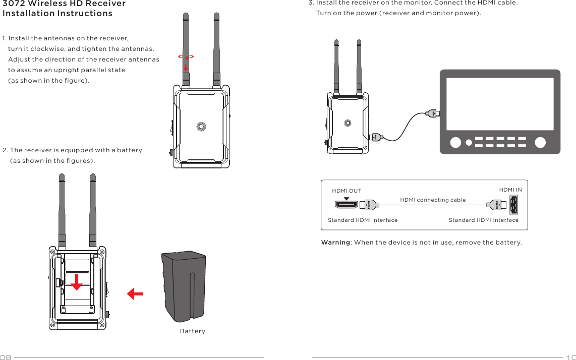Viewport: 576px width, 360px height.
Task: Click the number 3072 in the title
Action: coord(15,4)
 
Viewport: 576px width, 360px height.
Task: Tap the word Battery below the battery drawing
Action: coord(193,331)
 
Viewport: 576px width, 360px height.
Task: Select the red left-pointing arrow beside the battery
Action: coord(135,293)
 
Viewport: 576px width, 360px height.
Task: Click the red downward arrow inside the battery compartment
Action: coord(76,283)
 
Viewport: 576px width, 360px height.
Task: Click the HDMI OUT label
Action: coord(347,191)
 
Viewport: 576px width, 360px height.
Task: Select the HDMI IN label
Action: coord(510,190)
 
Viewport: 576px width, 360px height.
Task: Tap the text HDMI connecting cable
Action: coord(433,200)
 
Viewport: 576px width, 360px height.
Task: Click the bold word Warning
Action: coord(335,243)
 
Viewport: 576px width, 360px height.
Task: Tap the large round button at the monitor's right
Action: coord(540,142)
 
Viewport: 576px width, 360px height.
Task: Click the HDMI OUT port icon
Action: coord(347,205)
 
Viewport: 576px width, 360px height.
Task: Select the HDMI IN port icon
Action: coord(513,205)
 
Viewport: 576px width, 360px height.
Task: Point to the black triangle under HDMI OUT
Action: coord(347,198)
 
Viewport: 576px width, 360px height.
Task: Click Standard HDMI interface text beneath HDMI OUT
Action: coord(363,220)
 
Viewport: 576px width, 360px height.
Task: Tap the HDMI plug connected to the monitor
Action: coord(432,113)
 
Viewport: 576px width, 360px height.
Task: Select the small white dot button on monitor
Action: coord(469,143)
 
